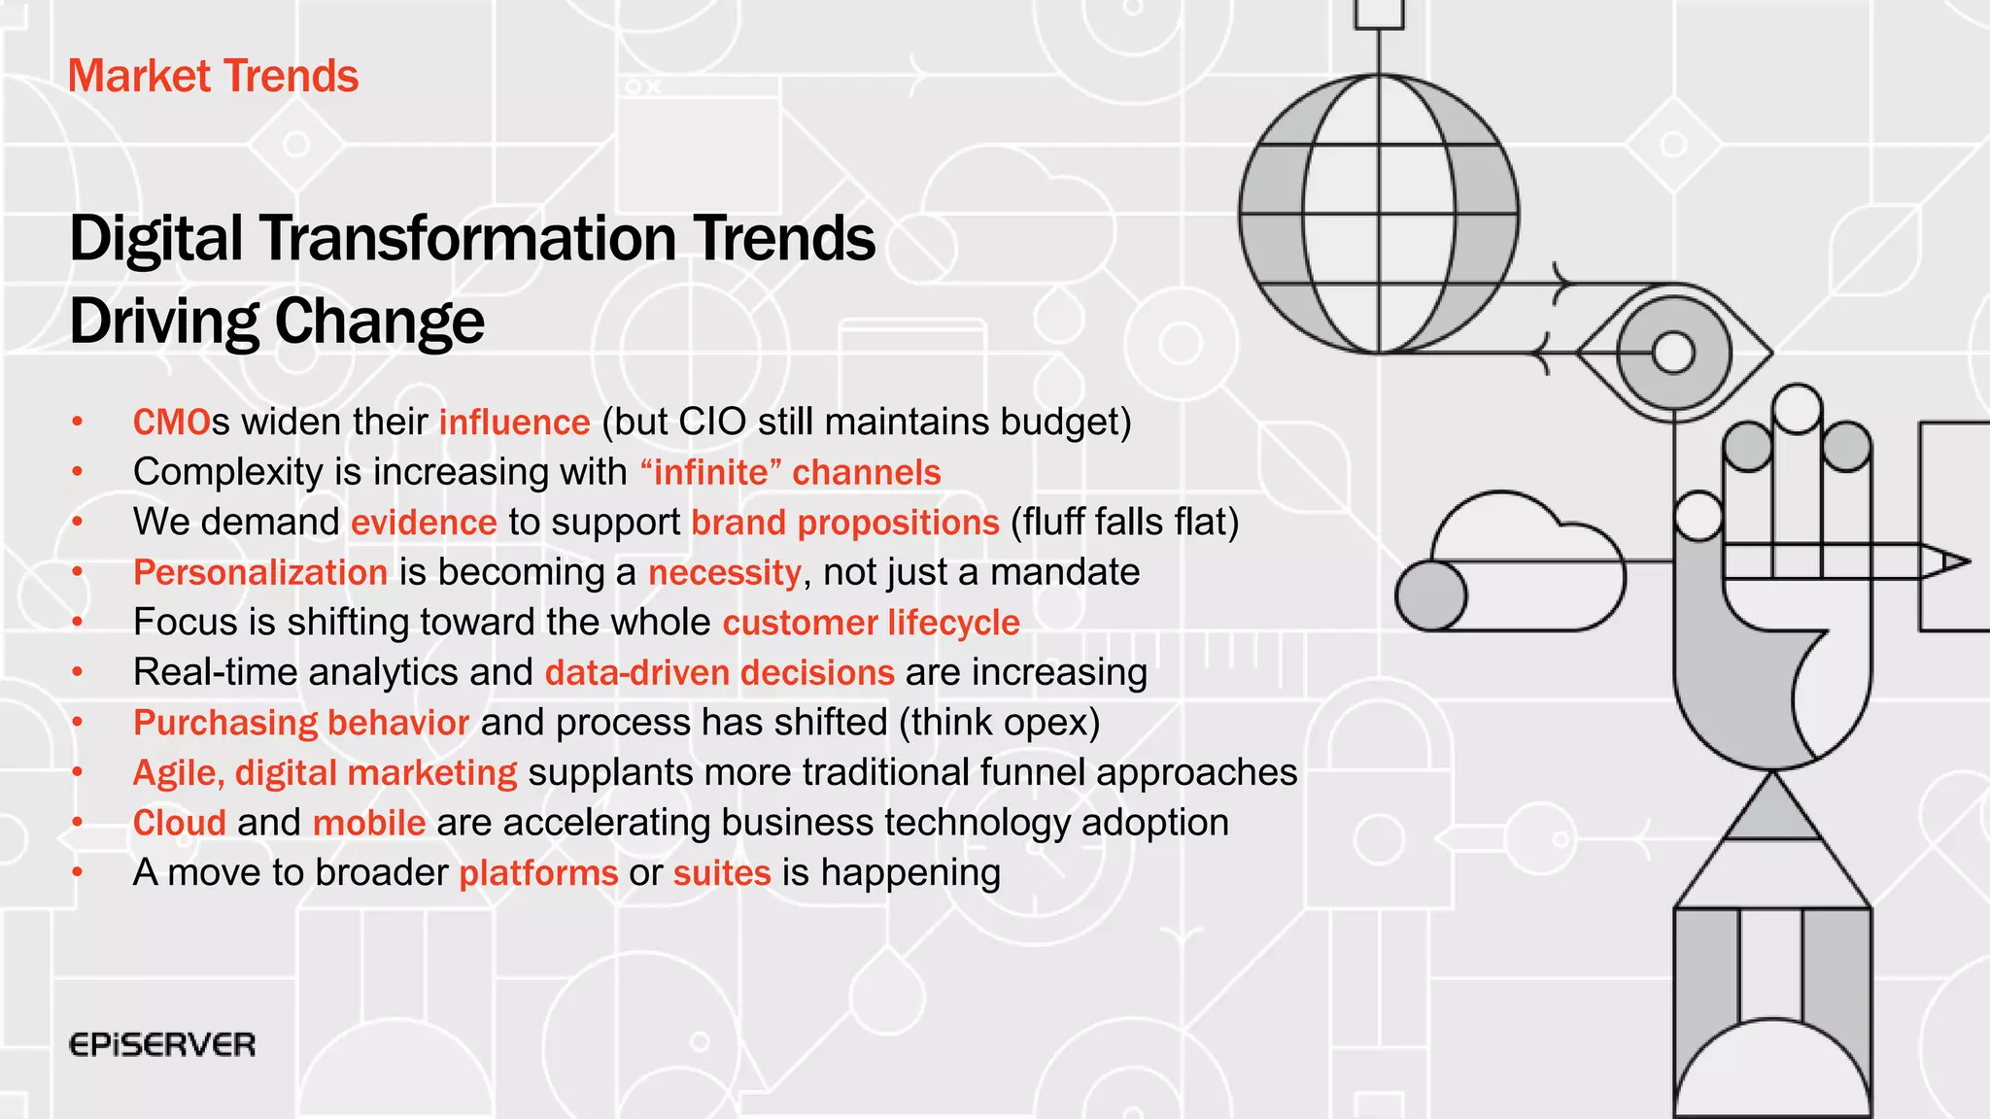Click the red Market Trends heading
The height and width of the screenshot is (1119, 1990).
(x=213, y=76)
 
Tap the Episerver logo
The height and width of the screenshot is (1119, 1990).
(x=162, y=1045)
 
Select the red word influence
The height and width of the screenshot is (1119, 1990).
(x=514, y=423)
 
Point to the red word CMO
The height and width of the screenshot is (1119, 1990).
(x=171, y=423)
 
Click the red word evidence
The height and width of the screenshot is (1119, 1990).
(x=424, y=523)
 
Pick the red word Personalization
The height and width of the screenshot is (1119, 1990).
(x=260, y=572)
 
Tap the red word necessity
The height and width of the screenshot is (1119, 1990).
(x=724, y=572)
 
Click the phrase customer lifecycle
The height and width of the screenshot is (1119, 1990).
(x=871, y=623)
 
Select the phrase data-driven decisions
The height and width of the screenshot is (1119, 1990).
(x=719, y=672)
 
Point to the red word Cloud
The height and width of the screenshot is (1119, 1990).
(x=179, y=823)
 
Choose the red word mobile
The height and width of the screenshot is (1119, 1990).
(x=368, y=823)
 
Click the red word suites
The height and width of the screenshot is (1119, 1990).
(x=721, y=873)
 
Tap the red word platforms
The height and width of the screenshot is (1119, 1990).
(x=538, y=873)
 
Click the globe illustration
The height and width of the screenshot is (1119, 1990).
(x=1379, y=214)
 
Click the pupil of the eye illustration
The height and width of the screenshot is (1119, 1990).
(x=1673, y=353)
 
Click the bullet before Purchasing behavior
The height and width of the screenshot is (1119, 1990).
(x=78, y=723)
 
